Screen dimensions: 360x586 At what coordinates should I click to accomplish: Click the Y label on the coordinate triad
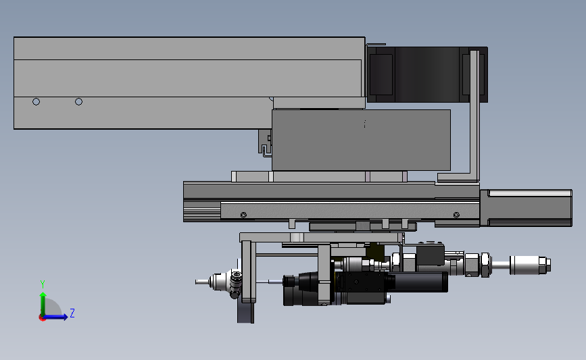tap(43, 284)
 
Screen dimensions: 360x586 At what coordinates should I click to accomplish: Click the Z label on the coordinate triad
tap(72, 313)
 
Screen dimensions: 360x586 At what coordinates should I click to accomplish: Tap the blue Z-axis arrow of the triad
tap(59, 317)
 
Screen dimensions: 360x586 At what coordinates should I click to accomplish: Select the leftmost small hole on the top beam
tap(36, 102)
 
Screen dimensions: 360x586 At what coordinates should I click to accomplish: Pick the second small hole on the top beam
tap(78, 102)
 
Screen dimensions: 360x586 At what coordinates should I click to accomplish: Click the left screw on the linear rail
tap(243, 215)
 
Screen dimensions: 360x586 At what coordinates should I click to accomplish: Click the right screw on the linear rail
tap(456, 215)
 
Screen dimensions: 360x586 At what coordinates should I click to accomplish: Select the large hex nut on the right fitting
tap(485, 264)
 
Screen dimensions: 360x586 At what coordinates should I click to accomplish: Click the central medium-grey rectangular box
tap(361, 140)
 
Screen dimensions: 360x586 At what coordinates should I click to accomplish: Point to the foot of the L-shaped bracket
tap(456, 179)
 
